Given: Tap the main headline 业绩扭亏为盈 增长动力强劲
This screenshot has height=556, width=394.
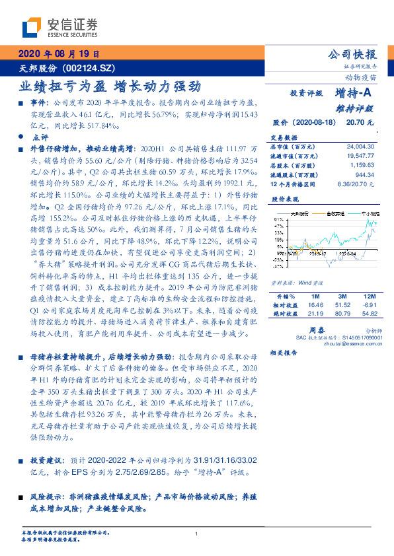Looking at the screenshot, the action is click(108, 86).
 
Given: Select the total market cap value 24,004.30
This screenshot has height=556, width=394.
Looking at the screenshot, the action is click(360, 146).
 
